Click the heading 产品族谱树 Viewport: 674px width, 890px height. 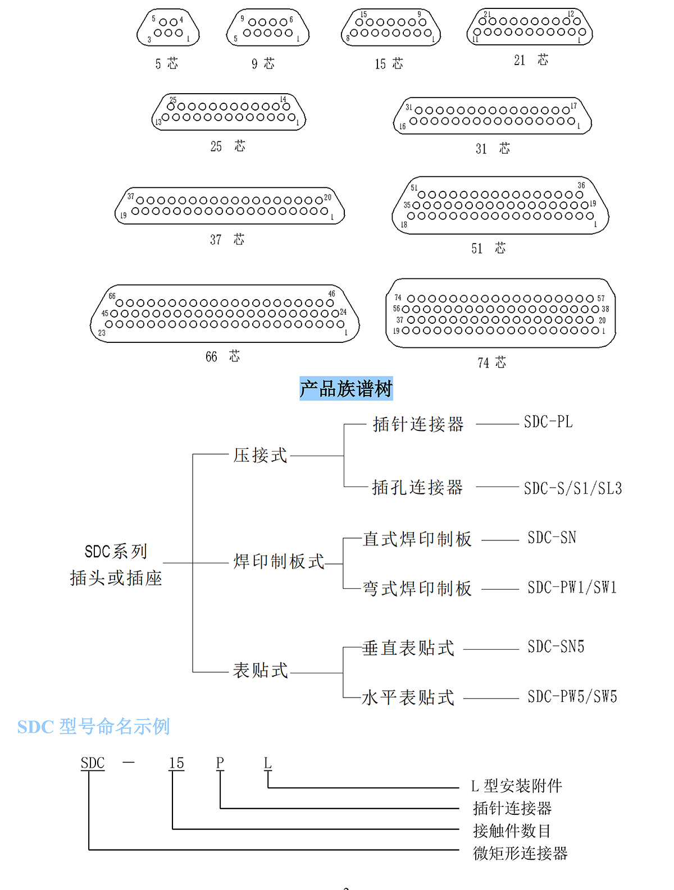tap(346, 388)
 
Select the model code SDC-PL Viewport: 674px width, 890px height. tap(548, 422)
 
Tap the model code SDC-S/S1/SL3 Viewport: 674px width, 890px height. tap(573, 488)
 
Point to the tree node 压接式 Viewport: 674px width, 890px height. tap(260, 455)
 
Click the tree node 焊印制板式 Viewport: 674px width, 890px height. tap(279, 561)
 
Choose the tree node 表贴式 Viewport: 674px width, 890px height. tap(260, 670)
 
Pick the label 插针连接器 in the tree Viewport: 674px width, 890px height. tap(418, 424)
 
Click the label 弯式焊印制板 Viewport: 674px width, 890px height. tap(417, 589)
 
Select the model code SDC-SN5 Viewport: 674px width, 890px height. tap(555, 647)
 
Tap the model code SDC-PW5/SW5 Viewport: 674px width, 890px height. tap(572, 697)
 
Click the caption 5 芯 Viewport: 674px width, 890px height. tap(167, 64)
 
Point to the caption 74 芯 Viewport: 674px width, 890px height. tap(491, 363)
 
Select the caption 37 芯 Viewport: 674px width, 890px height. tap(227, 240)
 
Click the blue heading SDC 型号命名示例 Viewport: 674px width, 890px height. tap(93, 727)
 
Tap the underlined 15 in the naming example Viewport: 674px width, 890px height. tap(176, 763)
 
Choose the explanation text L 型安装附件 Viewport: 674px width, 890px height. tap(516, 786)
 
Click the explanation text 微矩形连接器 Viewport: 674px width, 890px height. tap(520, 854)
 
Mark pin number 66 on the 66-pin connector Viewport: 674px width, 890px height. tap(112, 296)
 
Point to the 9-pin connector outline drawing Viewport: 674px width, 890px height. tap(268, 27)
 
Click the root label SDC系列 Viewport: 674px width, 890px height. tap(116, 552)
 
